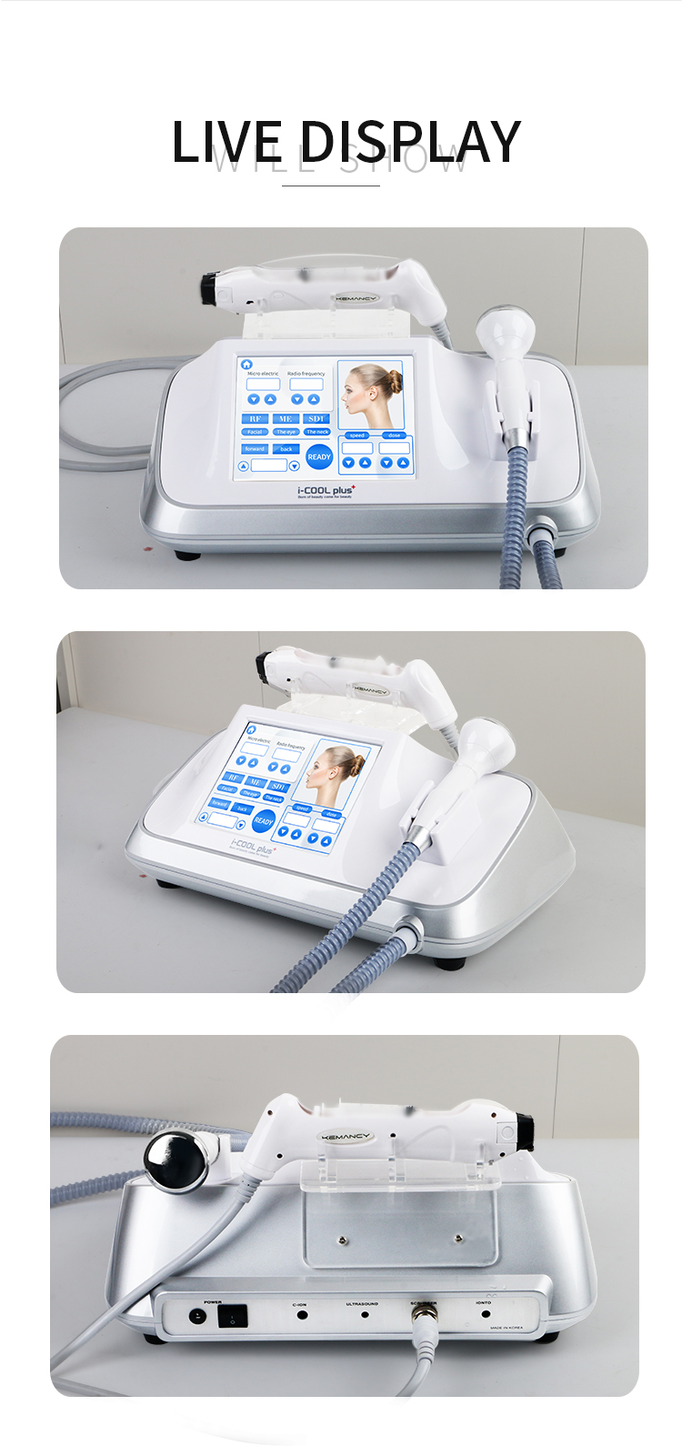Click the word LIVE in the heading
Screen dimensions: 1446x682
coord(226,142)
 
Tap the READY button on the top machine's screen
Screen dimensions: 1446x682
coord(319,457)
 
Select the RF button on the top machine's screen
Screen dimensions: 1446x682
coord(255,418)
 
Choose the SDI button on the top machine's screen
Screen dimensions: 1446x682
coord(316,418)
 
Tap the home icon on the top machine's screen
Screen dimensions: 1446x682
coord(246,364)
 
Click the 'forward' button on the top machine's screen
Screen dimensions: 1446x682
coord(255,448)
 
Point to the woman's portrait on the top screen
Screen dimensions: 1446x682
coord(371,396)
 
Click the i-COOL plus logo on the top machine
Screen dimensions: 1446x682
coord(326,491)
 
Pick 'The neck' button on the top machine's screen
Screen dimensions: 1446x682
coord(316,432)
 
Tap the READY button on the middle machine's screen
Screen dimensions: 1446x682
coord(264,820)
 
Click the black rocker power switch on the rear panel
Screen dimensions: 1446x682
coord(233,1316)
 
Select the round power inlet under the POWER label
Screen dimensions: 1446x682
coord(196,1316)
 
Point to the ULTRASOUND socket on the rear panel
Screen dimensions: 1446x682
coord(365,1314)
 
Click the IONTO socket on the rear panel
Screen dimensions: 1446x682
coord(485,1314)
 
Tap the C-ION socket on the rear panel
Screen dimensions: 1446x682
coord(301,1315)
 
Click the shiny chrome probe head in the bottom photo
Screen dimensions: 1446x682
coord(175,1161)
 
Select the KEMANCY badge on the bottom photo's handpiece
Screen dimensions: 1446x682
coord(346,1137)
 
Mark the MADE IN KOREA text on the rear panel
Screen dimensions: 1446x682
coord(506,1328)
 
